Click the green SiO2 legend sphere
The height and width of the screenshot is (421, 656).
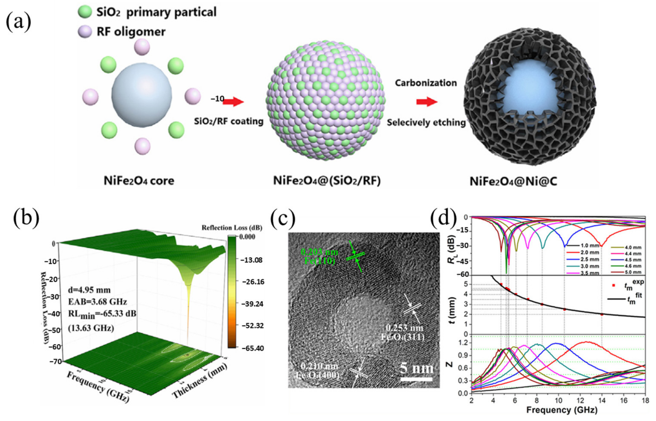click(85, 12)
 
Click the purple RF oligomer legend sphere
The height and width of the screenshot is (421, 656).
click(85, 32)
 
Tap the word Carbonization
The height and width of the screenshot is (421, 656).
click(426, 83)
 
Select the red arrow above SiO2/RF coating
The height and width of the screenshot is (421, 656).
click(233, 102)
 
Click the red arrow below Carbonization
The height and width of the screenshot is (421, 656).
click(427, 102)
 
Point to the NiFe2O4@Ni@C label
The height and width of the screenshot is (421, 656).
click(513, 182)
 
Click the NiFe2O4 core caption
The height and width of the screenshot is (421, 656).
click(139, 181)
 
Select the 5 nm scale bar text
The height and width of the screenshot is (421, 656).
click(417, 368)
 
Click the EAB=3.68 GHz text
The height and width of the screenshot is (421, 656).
click(98, 302)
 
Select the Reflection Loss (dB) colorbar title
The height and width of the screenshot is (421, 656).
click(232, 228)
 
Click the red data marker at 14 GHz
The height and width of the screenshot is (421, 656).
click(602, 314)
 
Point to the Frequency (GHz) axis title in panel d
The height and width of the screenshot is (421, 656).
click(562, 410)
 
